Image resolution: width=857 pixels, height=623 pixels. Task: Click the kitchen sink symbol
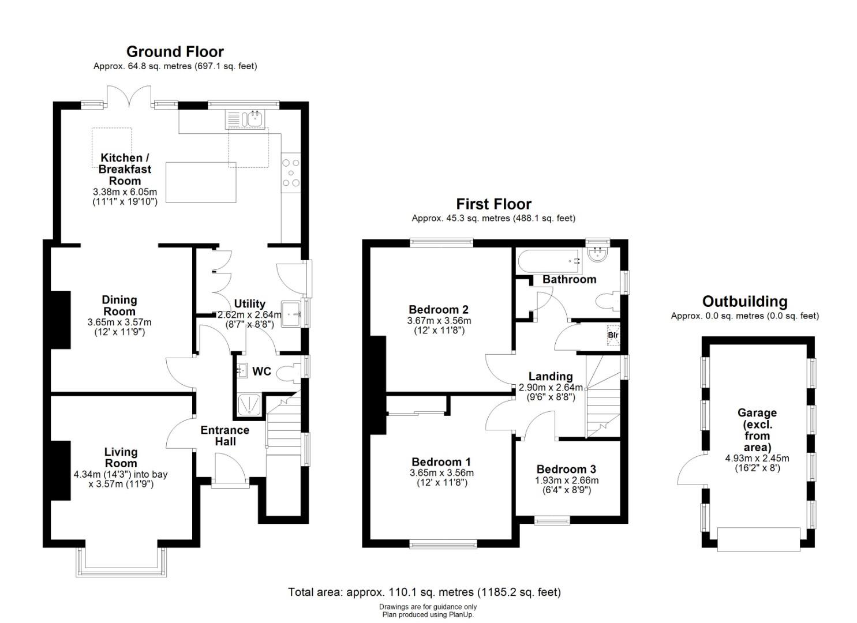point(245,119)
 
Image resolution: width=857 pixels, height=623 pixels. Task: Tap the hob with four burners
point(291,173)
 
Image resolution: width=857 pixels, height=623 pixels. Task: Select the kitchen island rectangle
point(201,182)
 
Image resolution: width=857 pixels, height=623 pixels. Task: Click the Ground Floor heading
point(175,52)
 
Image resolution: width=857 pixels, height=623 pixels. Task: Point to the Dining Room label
point(119,306)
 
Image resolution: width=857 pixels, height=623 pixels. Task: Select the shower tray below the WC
point(249,405)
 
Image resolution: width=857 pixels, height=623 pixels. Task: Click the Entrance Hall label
point(225,436)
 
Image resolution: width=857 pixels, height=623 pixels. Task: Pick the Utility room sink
point(291,314)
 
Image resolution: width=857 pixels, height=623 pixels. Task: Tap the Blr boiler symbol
point(613,335)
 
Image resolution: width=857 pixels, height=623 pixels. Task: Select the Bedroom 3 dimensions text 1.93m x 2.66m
point(567,481)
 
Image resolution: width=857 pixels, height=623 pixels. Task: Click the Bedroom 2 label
point(439,309)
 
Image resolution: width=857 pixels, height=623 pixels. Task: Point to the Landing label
point(551,377)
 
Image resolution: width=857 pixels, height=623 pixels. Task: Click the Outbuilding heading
point(745,302)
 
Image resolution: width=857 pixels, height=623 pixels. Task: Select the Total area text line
point(424,592)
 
